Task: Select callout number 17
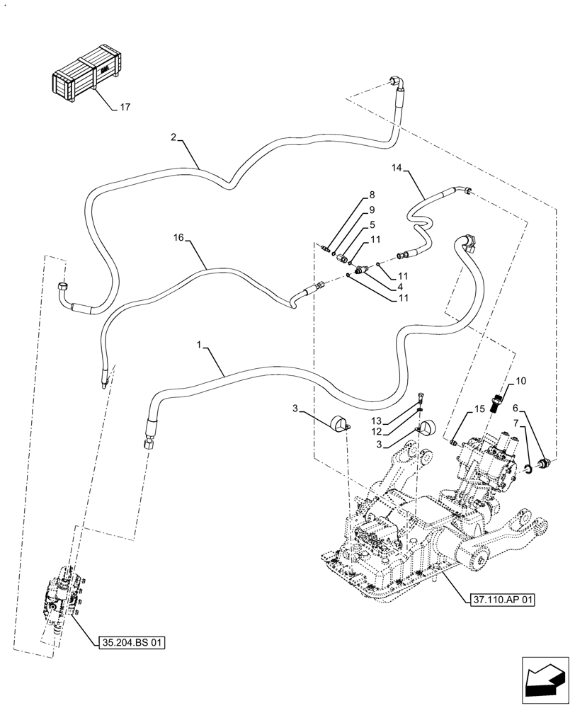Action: click(x=125, y=108)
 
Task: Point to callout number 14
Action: click(x=397, y=168)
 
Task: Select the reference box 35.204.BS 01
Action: click(x=129, y=643)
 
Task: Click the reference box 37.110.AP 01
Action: click(x=503, y=600)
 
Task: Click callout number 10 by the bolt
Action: click(x=520, y=382)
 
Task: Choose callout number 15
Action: click(x=479, y=409)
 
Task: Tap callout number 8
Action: click(x=371, y=195)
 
